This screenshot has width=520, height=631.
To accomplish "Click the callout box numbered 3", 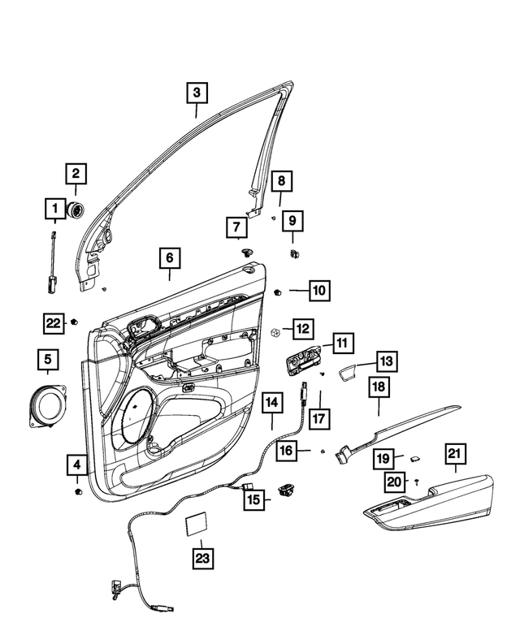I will pos(196,93).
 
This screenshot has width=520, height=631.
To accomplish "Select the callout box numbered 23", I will pos(201,558).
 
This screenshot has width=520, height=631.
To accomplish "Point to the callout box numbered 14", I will pos(271,401).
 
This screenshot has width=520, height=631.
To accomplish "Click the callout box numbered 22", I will pos(53,323).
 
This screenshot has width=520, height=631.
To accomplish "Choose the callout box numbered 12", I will pos(301,329).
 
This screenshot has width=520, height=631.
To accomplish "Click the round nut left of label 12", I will pos(275,332).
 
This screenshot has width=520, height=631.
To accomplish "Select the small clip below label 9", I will pos(293,253).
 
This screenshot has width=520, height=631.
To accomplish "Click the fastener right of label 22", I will pos(75,322).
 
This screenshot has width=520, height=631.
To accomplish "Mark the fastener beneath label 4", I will pos(78,493).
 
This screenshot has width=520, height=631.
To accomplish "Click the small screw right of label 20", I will pos(416,482).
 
